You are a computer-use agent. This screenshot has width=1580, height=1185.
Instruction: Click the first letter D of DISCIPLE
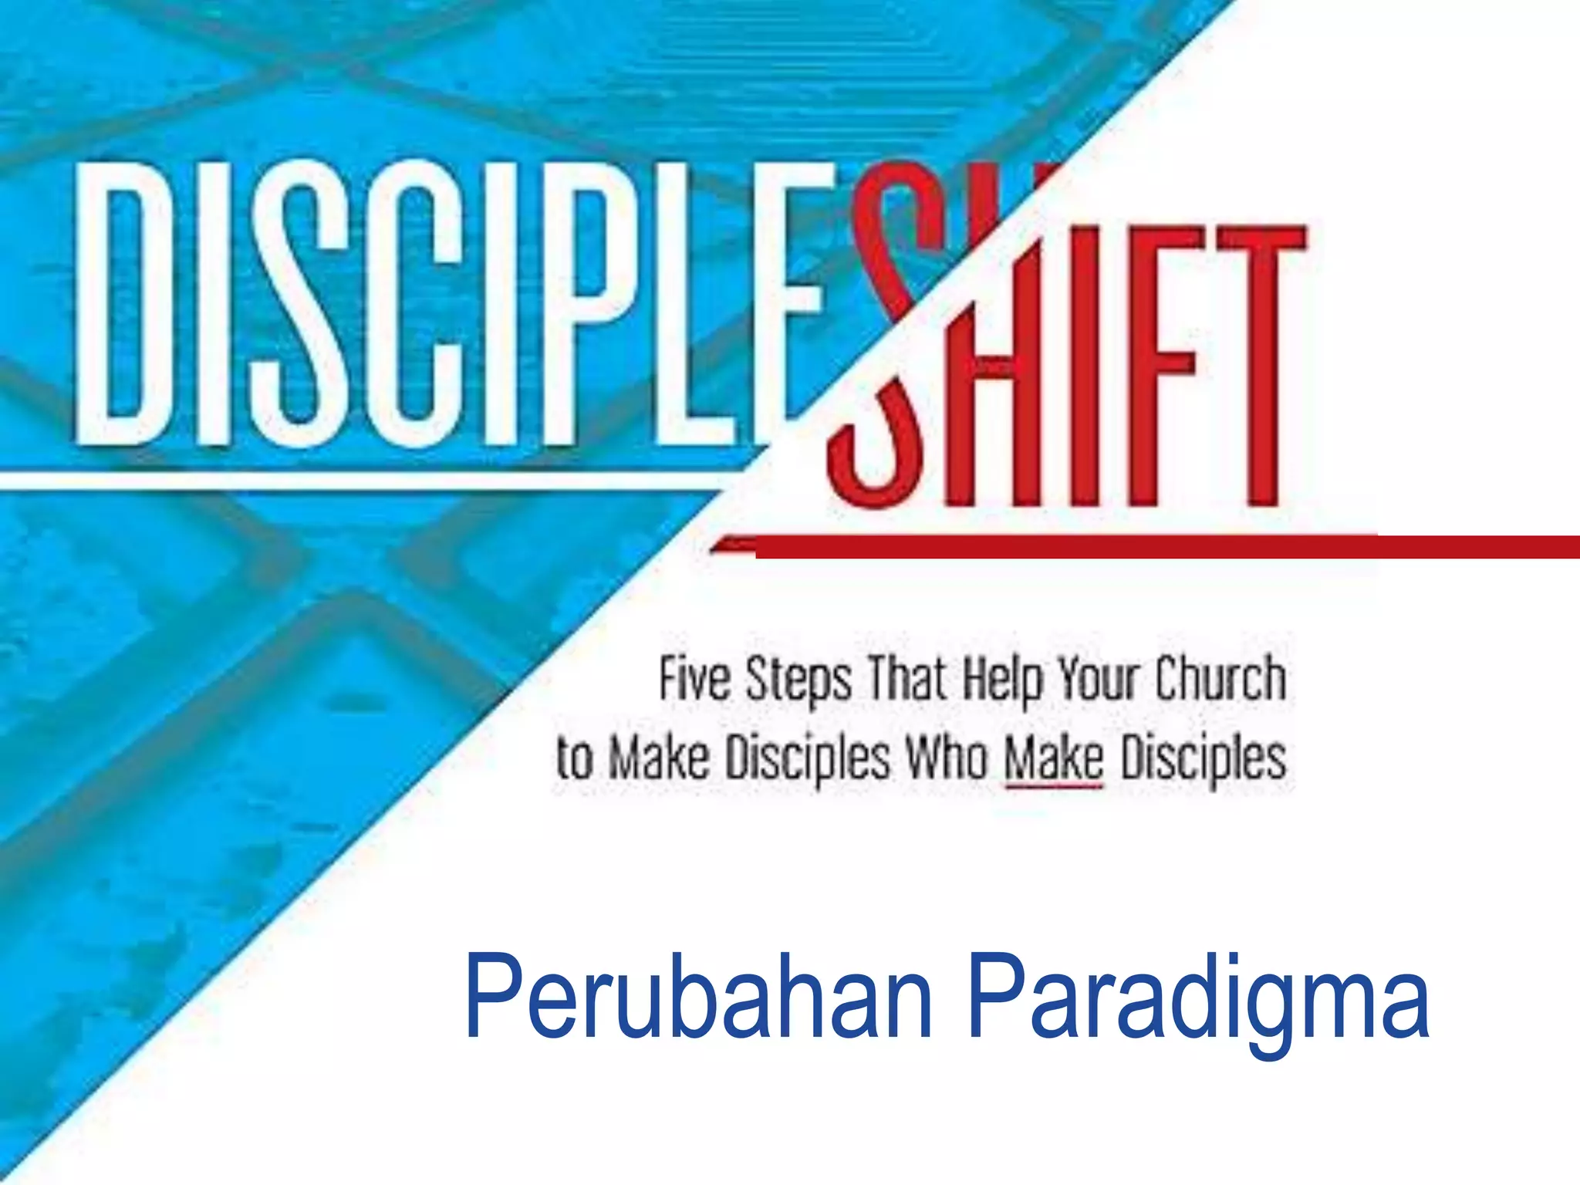[123, 305]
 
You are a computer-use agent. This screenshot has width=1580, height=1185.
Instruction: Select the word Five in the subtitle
[694, 680]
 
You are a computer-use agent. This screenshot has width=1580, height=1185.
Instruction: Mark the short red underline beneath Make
[1054, 787]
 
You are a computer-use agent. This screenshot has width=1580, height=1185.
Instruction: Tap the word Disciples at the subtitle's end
[1204, 759]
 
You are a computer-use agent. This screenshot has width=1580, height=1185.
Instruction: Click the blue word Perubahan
[699, 999]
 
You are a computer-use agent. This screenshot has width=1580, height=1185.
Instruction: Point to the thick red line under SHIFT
[1157, 546]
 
